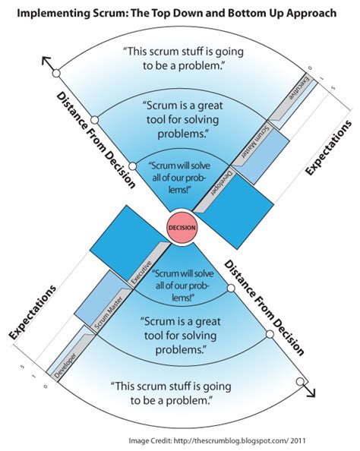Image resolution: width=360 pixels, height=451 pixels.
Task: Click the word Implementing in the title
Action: click(x=69, y=14)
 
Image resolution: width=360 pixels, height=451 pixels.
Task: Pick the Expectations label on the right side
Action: click(x=328, y=149)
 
